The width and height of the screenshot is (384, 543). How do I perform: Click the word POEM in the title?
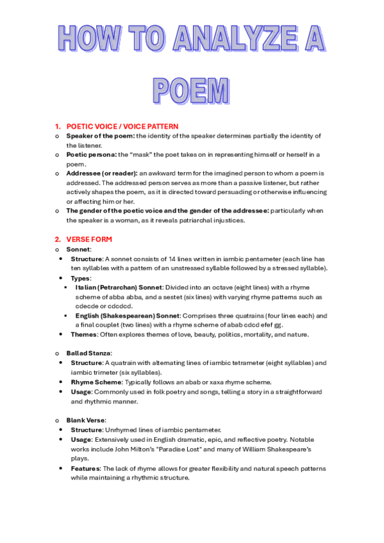191,90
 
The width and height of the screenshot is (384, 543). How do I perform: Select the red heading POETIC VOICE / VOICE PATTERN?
122,127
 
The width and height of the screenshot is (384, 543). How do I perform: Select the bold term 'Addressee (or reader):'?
101,174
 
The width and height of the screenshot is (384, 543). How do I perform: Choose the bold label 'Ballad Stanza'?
88,353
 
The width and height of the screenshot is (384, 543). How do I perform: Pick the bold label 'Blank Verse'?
86,420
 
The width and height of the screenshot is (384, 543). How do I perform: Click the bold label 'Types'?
81,279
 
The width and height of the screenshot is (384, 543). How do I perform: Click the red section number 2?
57,239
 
